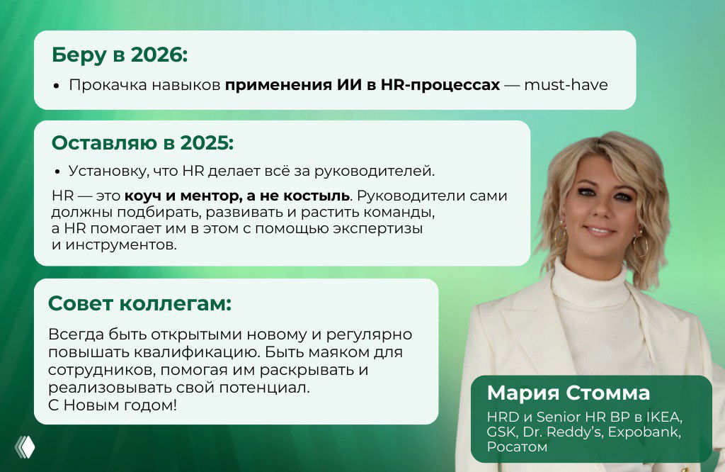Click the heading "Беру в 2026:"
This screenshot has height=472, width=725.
(119, 55)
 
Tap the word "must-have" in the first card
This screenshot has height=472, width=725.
(566, 85)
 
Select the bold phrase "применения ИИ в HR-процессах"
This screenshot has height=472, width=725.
(362, 85)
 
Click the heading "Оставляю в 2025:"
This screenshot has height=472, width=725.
(142, 142)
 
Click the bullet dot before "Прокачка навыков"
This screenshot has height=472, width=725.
(57, 86)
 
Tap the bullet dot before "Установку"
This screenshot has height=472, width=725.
(57, 172)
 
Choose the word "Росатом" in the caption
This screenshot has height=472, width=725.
(516, 447)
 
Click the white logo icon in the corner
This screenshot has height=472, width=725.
(25, 446)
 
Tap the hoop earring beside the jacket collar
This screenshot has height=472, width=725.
(641, 245)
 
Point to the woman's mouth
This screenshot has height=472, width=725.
(598, 230)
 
